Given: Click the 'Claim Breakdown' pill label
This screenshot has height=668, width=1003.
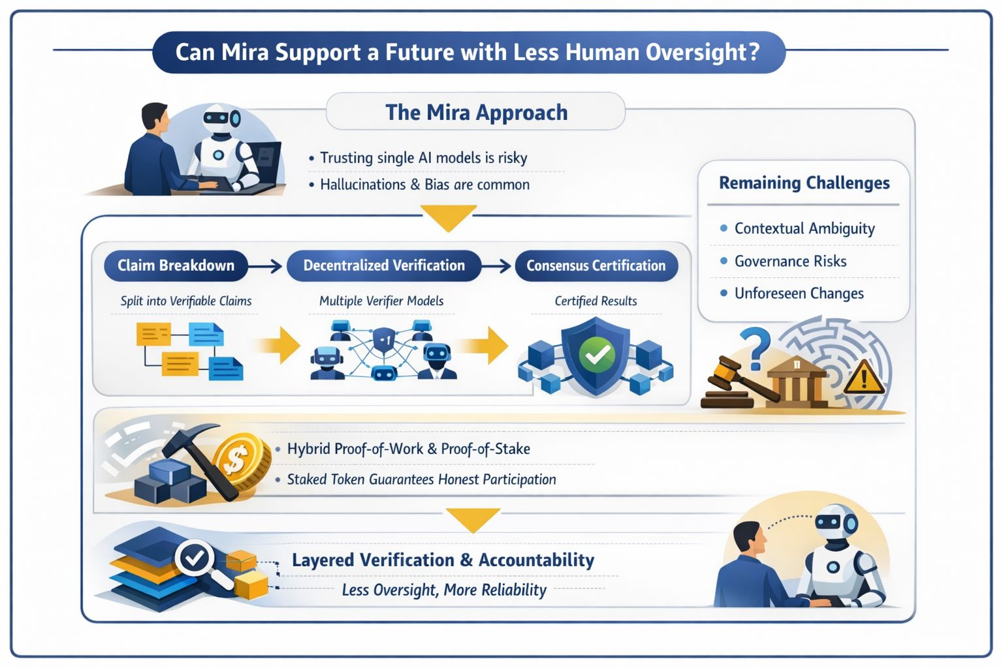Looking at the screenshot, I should [x=176, y=266].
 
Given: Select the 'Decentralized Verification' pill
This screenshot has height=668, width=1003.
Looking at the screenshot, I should [x=384, y=266].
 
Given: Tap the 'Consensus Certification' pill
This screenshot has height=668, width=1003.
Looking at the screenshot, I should [x=596, y=266].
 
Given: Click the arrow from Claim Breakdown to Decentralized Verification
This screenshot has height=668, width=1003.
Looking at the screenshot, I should [x=265, y=266].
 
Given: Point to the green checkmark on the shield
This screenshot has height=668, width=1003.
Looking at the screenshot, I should [x=597, y=354].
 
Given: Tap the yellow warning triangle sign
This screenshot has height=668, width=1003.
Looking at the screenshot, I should [x=864, y=378].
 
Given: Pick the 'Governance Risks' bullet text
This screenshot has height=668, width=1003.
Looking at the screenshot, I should [x=790, y=262].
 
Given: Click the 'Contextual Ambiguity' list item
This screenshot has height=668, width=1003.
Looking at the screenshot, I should [x=804, y=228].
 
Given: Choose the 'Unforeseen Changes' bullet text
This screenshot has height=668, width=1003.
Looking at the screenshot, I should [x=799, y=294].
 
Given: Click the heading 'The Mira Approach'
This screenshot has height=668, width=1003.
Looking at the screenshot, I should [x=476, y=112].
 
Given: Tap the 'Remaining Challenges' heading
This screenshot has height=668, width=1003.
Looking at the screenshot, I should [x=804, y=183].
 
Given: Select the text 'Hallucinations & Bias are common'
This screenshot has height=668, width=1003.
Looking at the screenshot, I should [x=424, y=185].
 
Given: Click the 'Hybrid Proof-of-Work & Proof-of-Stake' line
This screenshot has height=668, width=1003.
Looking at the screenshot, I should [x=408, y=449].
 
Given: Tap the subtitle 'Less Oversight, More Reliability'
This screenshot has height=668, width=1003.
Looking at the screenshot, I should [x=444, y=590].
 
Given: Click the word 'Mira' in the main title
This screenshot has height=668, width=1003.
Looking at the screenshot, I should [x=245, y=52].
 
